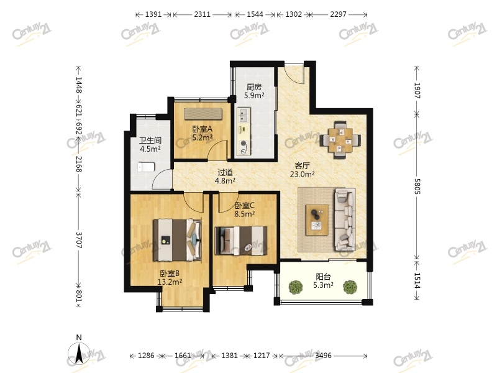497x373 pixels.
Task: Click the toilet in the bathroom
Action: pyautogui.click(x=146, y=167)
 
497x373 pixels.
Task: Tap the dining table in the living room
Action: pyautogui.click(x=340, y=140)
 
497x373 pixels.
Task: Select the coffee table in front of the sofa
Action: pyautogui.click(x=317, y=220)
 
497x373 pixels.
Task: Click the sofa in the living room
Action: pyautogui.click(x=345, y=219)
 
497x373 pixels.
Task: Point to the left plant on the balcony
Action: pyautogui.click(x=296, y=287)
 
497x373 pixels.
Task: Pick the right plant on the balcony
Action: pyautogui.click(x=350, y=287)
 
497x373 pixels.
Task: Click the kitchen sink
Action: pyautogui.click(x=243, y=116)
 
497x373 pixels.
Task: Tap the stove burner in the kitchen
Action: pyautogui.click(x=244, y=144)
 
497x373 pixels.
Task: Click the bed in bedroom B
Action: pyautogui.click(x=178, y=240)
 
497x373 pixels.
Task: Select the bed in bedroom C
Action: pyautogui.click(x=241, y=240)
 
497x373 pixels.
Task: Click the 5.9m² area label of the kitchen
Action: pyautogui.click(x=254, y=95)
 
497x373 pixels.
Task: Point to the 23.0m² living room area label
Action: pyautogui.click(x=302, y=174)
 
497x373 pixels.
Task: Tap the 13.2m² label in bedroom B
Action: pyautogui.click(x=170, y=282)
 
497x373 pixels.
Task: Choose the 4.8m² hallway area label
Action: pyautogui.click(x=225, y=181)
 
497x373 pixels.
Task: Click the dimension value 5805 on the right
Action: pyautogui.click(x=417, y=186)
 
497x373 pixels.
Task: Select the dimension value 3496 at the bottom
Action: pyautogui.click(x=323, y=356)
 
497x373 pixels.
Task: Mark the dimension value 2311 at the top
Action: pyautogui.click(x=202, y=14)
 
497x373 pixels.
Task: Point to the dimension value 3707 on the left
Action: pyautogui.click(x=79, y=240)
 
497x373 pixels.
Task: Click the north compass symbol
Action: pyautogui.click(x=79, y=352)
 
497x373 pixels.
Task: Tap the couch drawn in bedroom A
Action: pyautogui.click(x=203, y=114)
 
